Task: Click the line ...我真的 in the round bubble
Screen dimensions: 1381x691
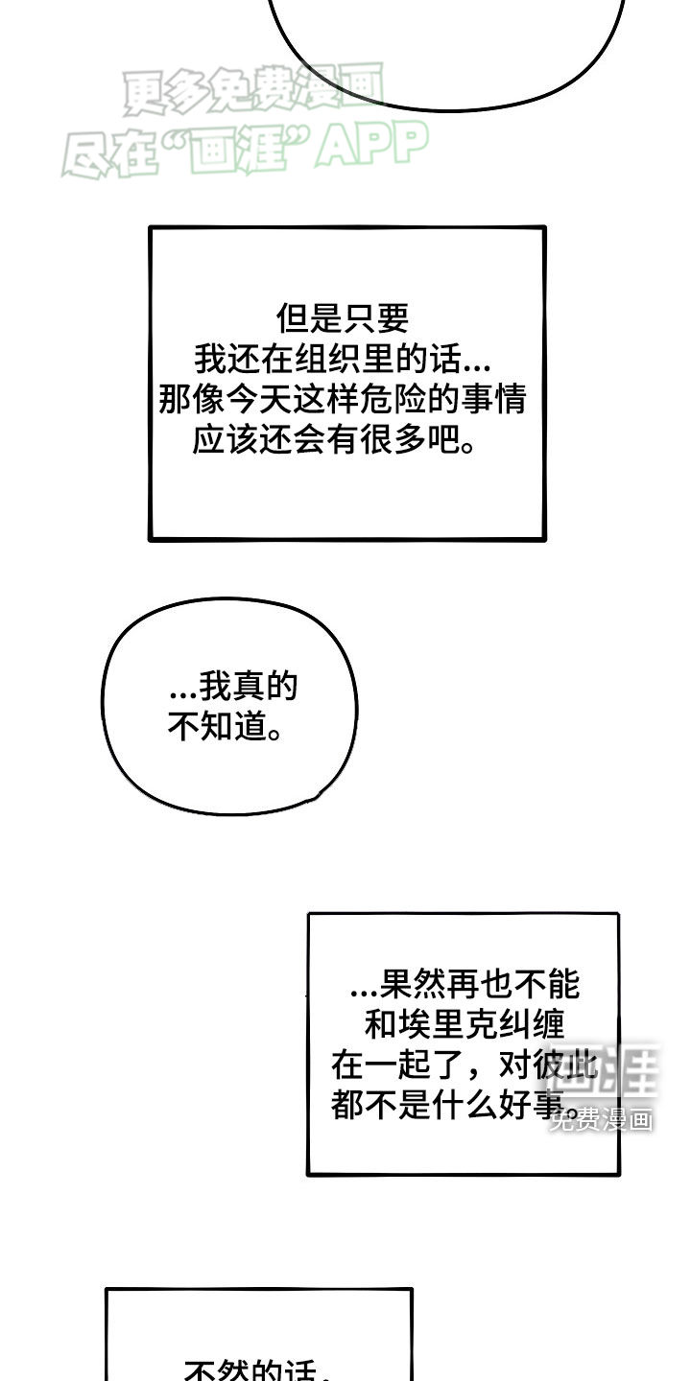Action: [233, 687]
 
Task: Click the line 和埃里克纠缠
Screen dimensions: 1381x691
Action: [465, 1024]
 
